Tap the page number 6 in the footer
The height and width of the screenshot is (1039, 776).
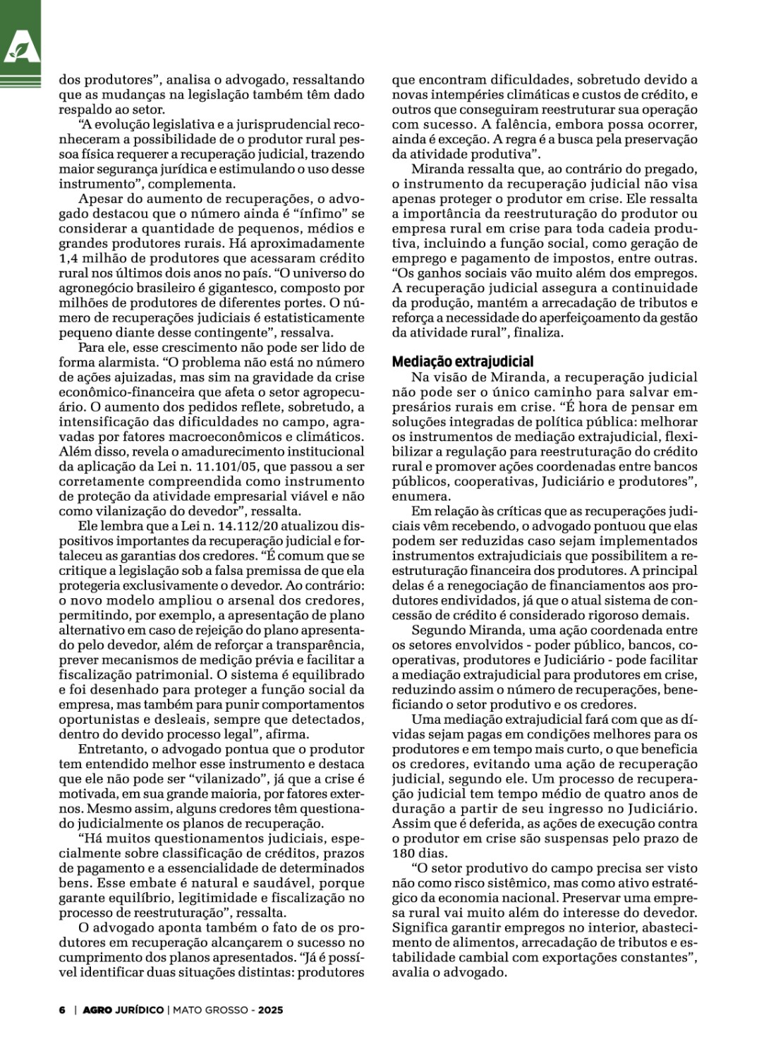point(61,1009)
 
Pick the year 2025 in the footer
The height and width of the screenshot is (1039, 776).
point(270,1009)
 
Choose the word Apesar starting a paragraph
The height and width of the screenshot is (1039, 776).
point(99,198)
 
